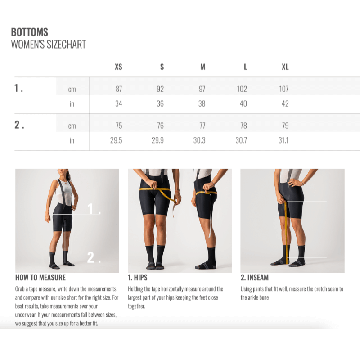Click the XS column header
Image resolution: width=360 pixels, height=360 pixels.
click(x=118, y=67)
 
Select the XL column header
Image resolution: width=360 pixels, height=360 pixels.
click(x=285, y=67)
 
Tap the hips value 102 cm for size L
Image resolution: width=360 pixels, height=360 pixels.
click(x=242, y=89)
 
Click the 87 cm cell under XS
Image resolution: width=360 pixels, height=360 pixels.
click(x=119, y=89)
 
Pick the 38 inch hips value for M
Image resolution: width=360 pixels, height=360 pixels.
click(x=202, y=103)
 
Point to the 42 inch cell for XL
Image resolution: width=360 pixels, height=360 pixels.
click(x=285, y=103)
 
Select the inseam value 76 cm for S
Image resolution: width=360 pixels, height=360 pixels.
click(x=160, y=126)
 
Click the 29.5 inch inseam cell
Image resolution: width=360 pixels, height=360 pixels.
click(x=116, y=140)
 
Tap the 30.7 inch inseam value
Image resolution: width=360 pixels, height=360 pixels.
click(x=241, y=140)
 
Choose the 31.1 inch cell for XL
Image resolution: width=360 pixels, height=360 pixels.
click(x=283, y=140)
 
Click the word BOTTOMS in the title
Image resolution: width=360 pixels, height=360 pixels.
click(x=30, y=32)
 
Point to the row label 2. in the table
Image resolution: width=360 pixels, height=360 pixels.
click(x=19, y=125)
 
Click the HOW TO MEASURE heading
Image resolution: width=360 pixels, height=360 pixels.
click(x=40, y=278)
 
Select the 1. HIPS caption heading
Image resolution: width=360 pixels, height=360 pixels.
click(x=138, y=278)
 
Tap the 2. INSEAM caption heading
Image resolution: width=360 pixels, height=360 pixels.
click(x=255, y=278)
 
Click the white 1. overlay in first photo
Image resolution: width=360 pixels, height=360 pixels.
click(x=94, y=209)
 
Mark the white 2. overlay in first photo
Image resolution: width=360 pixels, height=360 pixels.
click(x=94, y=257)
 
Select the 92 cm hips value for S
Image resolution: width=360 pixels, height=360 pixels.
click(x=160, y=89)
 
